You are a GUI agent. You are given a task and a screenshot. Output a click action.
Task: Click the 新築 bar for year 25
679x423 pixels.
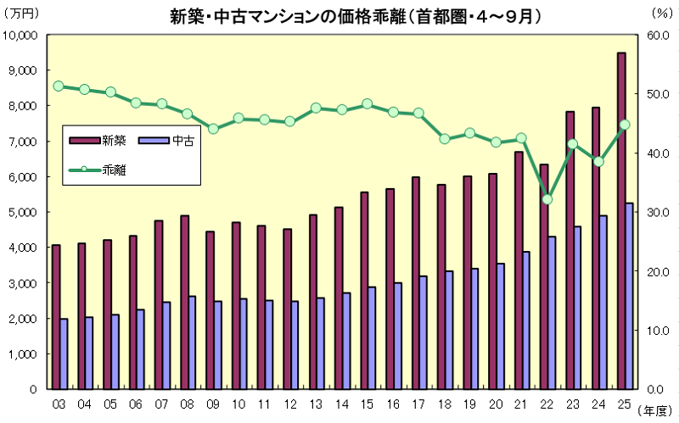pyautogui.click(x=621, y=220)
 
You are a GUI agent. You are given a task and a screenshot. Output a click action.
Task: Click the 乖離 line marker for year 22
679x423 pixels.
pyautogui.click(x=547, y=199)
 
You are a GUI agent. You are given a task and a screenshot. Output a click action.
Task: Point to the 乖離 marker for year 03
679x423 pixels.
pyautogui.click(x=59, y=86)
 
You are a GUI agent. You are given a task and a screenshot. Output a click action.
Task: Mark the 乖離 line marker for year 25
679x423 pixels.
pyautogui.click(x=625, y=125)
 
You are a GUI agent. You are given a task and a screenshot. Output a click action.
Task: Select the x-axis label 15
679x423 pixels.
pyautogui.click(x=368, y=403)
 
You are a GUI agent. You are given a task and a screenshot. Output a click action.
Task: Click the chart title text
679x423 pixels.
pyautogui.click(x=339, y=14)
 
